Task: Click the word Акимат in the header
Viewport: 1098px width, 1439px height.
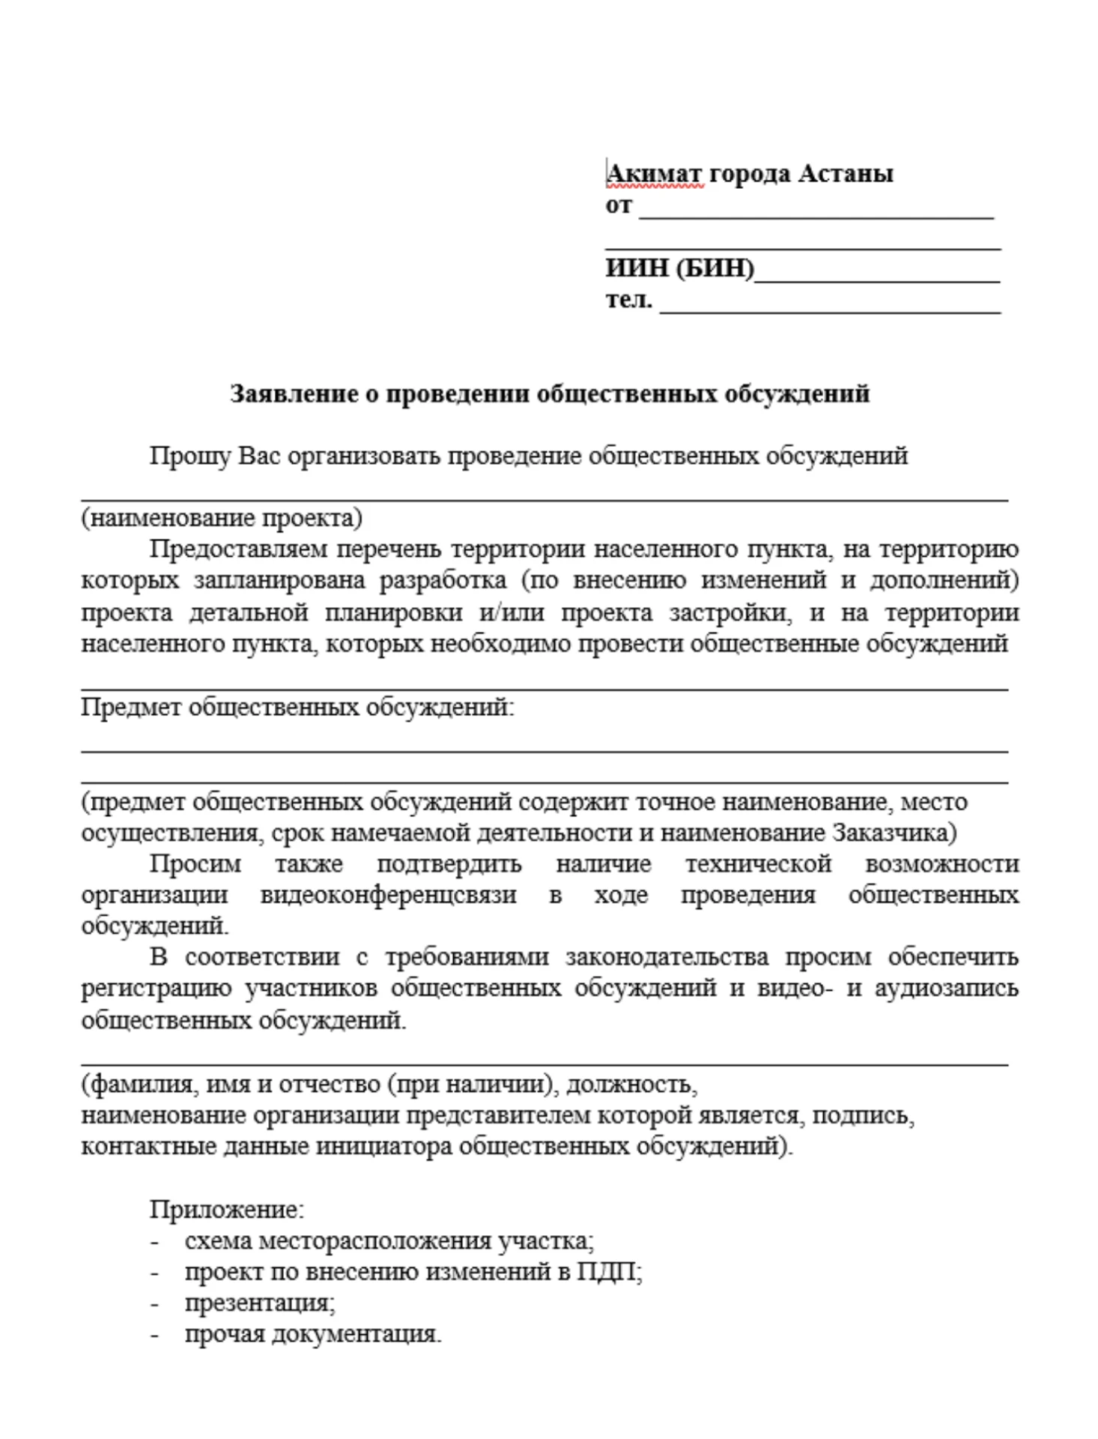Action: point(654,174)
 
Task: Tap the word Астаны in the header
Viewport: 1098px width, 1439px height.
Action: point(845,174)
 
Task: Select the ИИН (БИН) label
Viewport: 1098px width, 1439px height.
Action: point(679,268)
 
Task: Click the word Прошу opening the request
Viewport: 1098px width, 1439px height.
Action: point(189,456)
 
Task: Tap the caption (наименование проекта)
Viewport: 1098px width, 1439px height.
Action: point(222,518)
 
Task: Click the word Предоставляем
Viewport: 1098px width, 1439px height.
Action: point(237,549)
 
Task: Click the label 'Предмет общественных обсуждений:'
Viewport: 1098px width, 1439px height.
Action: point(297,707)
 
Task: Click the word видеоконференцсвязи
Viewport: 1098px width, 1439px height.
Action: point(388,895)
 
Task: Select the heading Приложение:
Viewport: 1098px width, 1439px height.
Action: point(227,1209)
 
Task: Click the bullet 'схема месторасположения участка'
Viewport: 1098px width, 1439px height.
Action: point(389,1241)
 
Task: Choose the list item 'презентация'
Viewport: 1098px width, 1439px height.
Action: point(259,1303)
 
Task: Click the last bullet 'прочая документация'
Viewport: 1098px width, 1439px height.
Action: point(313,1334)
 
